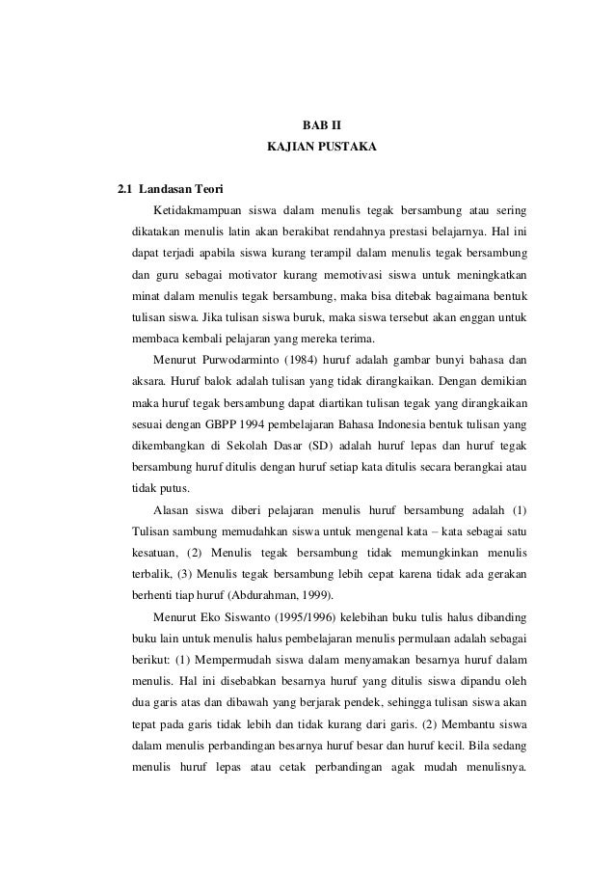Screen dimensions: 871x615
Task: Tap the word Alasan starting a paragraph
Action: pyautogui.click(x=173, y=509)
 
